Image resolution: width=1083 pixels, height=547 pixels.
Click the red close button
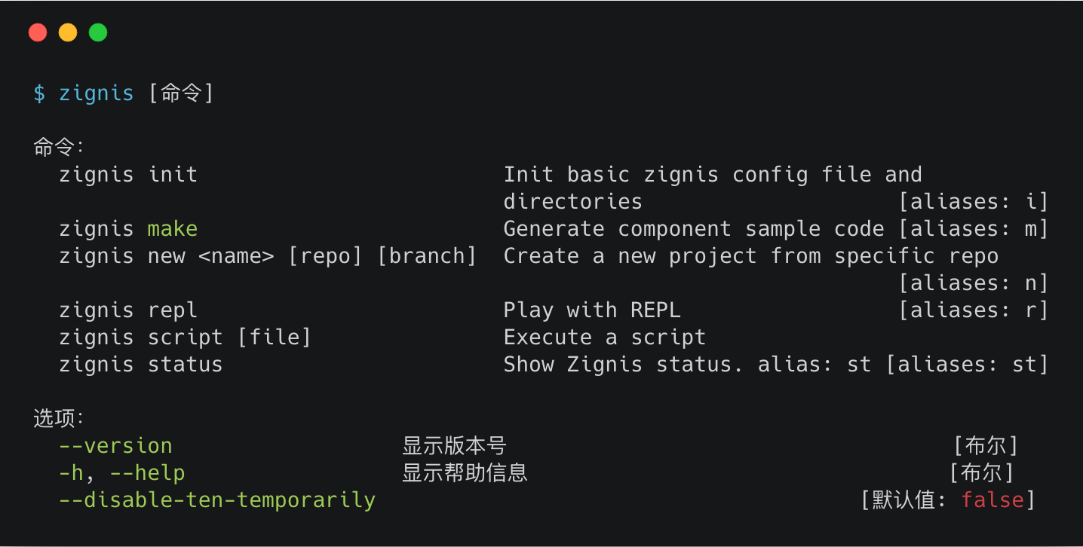pos(38,32)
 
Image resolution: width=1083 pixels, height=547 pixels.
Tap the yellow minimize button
pos(68,32)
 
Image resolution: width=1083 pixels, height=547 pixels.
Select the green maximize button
pos(98,32)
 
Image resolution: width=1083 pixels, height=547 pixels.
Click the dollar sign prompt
pos(39,93)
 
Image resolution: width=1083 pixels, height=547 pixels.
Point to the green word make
pos(173,229)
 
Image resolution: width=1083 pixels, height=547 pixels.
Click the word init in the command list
pos(173,175)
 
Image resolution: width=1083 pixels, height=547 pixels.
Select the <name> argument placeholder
pos(236,256)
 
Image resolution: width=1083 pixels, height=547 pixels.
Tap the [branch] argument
pos(427,256)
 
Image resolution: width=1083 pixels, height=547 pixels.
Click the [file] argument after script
pos(275,338)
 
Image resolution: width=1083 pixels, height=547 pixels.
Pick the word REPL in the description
pos(655,310)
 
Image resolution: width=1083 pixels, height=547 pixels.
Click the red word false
pos(992,500)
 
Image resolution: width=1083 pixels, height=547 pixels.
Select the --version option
pos(115,446)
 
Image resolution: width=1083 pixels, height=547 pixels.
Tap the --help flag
pos(147,473)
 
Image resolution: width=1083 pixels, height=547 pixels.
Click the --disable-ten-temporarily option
pos(217,500)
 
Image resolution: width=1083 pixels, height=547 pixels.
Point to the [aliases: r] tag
pos(973,310)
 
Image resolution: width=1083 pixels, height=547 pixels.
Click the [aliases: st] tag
pos(967,365)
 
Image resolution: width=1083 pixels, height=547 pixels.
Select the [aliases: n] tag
pos(973,283)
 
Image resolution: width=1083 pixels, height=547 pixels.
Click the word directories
pos(572,202)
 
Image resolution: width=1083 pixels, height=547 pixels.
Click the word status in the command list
pos(185,365)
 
